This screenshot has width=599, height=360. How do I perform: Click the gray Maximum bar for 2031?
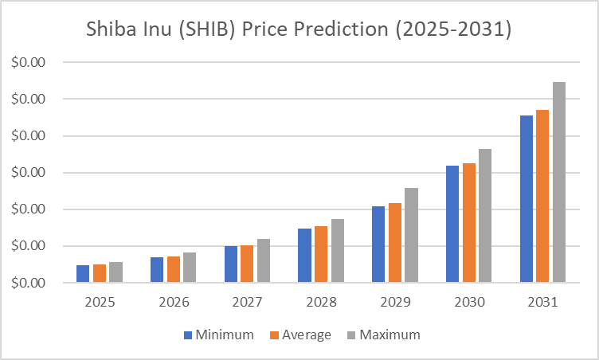[x=559, y=182]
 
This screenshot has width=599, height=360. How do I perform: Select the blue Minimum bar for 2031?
[x=527, y=199]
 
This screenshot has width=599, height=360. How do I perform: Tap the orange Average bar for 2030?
[x=469, y=223]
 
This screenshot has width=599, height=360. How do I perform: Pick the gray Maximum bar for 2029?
[x=411, y=235]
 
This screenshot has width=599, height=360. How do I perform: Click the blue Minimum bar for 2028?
[x=304, y=256]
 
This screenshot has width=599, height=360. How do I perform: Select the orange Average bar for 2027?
[x=247, y=264]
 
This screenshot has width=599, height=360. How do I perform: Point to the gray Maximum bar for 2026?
[x=190, y=268]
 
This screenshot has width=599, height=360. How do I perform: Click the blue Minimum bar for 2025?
[x=83, y=274]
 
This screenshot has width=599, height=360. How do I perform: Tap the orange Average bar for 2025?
[x=100, y=273]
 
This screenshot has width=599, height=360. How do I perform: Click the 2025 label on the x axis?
[x=99, y=303]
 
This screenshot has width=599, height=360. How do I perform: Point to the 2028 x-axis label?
[x=320, y=303]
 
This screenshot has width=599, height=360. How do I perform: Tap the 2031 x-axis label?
[x=542, y=303]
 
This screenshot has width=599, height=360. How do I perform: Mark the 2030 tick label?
[x=468, y=303]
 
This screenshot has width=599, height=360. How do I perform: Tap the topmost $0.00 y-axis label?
[x=29, y=62]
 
